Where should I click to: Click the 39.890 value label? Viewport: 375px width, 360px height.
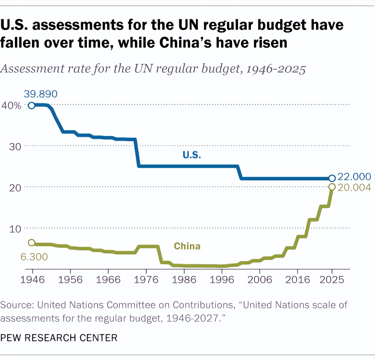[x=40, y=94]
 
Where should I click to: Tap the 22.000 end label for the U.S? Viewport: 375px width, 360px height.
[x=354, y=177]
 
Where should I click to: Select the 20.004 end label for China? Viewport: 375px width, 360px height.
[x=354, y=187]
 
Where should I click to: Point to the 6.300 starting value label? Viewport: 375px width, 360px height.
[x=34, y=257]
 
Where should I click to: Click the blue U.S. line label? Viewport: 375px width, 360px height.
[x=192, y=155]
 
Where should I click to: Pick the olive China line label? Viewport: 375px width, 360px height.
[x=187, y=246]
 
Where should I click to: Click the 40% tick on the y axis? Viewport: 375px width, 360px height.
[x=11, y=106]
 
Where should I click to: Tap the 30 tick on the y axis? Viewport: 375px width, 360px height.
[x=15, y=147]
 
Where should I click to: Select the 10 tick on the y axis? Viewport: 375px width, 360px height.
[x=15, y=229]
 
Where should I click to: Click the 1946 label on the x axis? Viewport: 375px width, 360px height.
[x=32, y=280]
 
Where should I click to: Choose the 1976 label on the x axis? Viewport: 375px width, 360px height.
[x=146, y=280]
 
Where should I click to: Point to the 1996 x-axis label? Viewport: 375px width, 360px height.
[x=222, y=280]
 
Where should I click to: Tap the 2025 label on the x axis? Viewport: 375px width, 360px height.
[x=332, y=280]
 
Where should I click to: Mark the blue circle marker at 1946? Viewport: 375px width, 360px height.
[x=32, y=105]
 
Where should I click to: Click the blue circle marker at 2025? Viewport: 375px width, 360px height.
[x=332, y=178]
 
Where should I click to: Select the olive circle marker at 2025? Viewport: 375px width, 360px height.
[x=332, y=187]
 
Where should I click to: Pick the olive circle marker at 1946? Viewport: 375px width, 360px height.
[x=32, y=243]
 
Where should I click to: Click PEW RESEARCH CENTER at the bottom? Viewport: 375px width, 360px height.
[x=59, y=338]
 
